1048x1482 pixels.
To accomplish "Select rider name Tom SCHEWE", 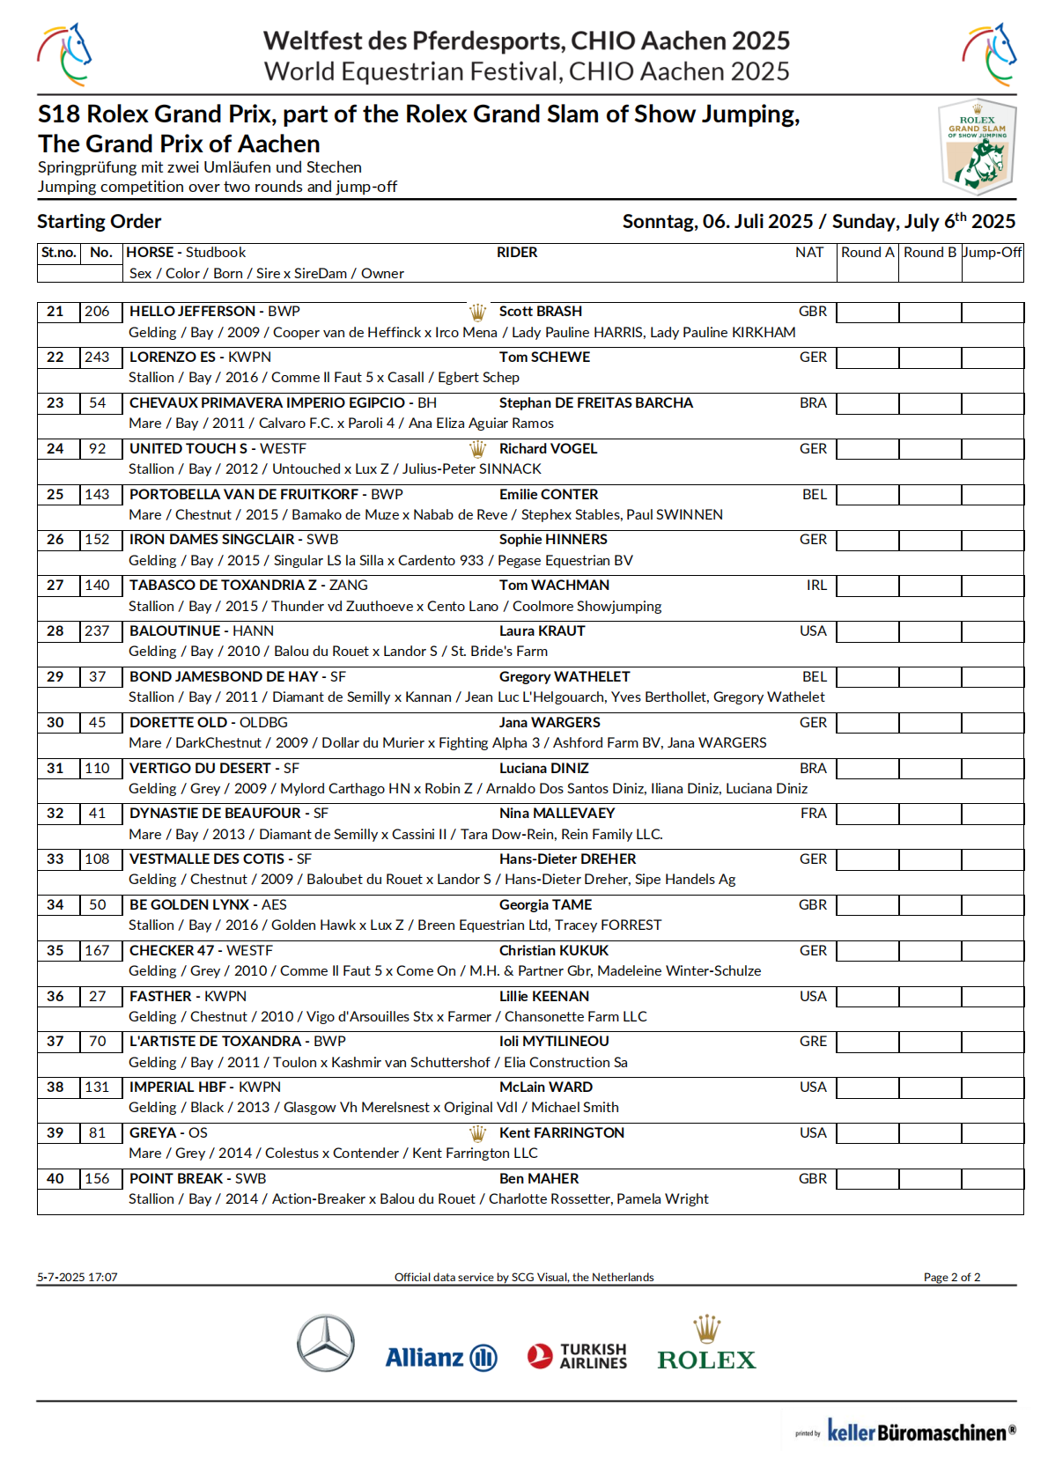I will tap(544, 358).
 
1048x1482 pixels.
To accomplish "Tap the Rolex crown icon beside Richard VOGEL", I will tap(477, 449).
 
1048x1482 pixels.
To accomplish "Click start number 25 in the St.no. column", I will tap(55, 495).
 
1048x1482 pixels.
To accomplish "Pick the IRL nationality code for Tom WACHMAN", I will tap(816, 586).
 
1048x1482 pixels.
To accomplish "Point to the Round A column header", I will tap(867, 253).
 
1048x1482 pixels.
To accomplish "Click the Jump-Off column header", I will tap(992, 253).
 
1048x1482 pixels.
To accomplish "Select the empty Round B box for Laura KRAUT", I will tap(929, 631).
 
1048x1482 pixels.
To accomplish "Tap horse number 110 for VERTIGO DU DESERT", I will tap(97, 769).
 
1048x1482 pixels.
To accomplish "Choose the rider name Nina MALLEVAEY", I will tap(557, 814).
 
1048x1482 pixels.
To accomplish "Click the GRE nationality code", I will tap(813, 1042).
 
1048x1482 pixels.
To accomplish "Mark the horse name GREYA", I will tap(153, 1133).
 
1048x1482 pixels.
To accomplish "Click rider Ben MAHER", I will tap(539, 1179).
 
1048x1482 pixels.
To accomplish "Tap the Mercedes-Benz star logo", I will tap(326, 1343).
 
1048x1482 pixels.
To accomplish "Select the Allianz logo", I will tap(440, 1358).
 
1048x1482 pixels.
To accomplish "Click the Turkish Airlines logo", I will tap(578, 1356).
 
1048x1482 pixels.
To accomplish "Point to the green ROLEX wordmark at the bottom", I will tap(706, 1360).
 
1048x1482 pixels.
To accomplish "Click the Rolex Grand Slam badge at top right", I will tap(977, 147).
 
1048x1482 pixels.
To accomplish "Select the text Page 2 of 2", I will tap(951, 1278).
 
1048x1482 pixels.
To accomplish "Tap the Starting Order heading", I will tap(100, 222).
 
